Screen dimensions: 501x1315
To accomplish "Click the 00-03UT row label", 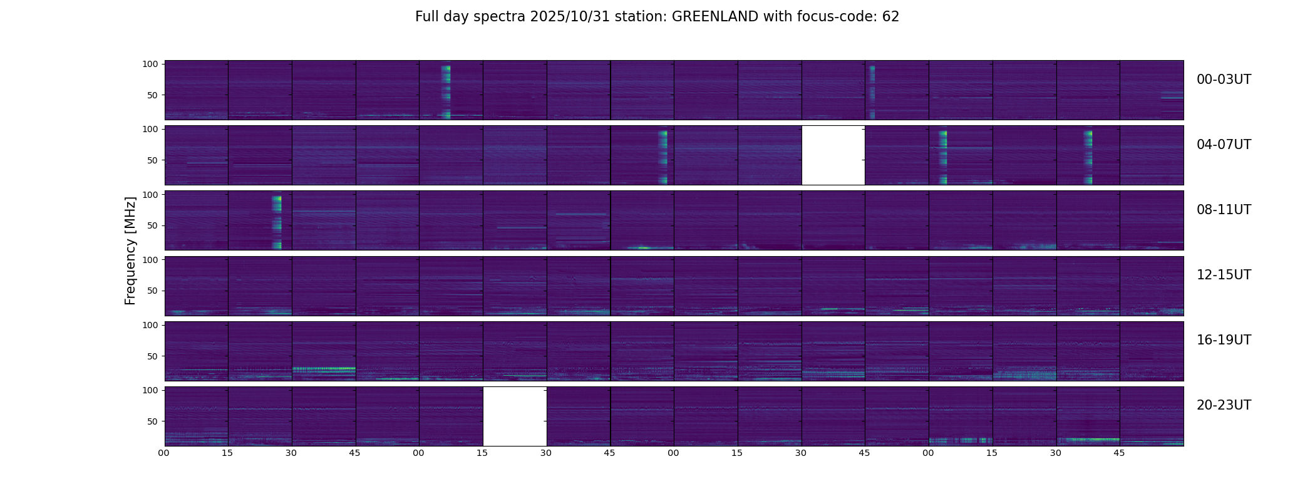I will [x=1224, y=80].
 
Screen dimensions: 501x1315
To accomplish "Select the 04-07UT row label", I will [x=1224, y=145].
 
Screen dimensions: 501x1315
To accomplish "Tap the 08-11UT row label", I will [x=1224, y=210].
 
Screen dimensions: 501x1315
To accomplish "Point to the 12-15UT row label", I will [x=1224, y=275].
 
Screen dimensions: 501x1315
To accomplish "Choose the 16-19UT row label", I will [x=1224, y=340].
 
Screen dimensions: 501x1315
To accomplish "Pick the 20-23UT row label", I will [x=1224, y=405].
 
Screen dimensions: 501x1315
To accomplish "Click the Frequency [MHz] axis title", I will [x=130, y=250].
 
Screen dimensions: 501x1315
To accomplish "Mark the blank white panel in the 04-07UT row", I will [x=833, y=155].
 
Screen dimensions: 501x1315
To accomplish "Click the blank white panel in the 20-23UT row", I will [x=515, y=416].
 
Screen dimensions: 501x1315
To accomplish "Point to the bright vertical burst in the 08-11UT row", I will [x=277, y=222].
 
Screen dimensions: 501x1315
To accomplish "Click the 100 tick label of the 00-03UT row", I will [x=150, y=64].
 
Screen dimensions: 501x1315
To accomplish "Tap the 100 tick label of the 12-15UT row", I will [x=150, y=259].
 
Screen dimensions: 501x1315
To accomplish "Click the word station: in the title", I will [x=646, y=17].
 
